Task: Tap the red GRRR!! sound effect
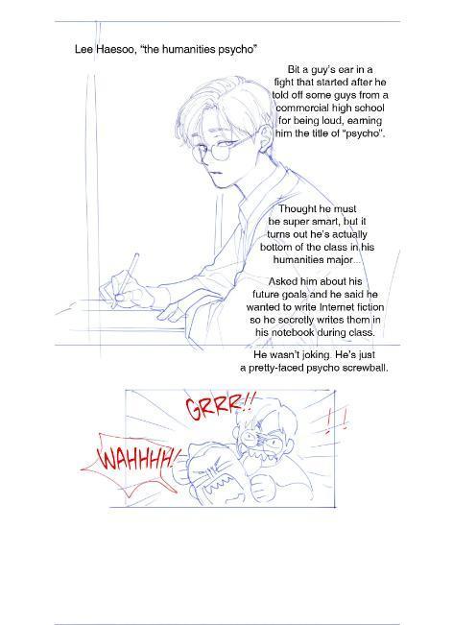click(218, 406)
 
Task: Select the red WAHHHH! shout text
click(138, 459)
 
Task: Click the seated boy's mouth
click(214, 173)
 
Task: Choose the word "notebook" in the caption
click(293, 332)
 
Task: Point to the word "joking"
click(315, 355)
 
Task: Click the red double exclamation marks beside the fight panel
click(336, 421)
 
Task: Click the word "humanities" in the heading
click(191, 49)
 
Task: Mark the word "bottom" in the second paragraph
click(274, 247)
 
